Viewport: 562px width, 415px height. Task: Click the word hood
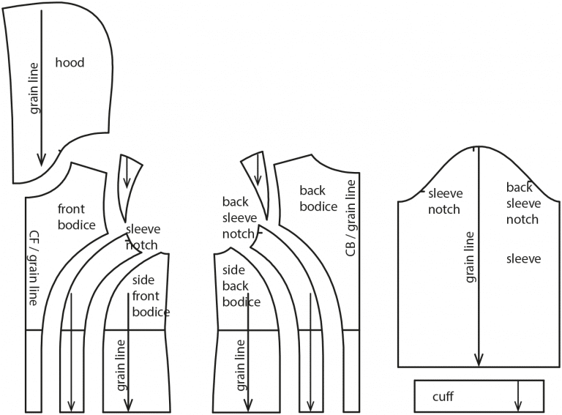point(70,63)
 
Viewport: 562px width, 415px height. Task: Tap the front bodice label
point(76,217)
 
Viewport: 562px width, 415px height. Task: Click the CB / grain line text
point(351,219)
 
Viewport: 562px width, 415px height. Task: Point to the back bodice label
point(318,198)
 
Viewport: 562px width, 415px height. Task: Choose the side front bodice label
point(151,296)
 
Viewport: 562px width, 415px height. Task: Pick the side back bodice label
point(241,286)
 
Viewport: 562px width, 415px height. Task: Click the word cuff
point(443,397)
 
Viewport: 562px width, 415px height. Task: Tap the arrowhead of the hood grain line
point(42,157)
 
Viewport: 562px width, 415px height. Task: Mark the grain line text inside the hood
point(34,87)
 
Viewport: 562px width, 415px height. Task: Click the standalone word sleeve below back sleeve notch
point(523,258)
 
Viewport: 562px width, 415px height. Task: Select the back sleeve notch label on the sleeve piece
point(522,203)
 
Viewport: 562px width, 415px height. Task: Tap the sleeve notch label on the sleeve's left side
point(444,201)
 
